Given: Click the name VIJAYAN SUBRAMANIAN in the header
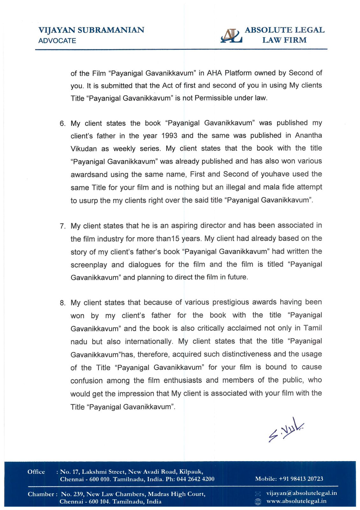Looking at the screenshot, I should tap(91, 30).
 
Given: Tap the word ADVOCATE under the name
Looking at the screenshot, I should tap(57, 41).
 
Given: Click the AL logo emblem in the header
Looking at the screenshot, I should tap(231, 36).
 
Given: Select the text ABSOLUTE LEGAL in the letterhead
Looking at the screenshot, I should tap(284, 30).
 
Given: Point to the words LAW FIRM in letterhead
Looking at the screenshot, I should tap(284, 40).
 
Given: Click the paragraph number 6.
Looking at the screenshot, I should tap(62, 124).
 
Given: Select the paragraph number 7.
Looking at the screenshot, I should tap(62, 226).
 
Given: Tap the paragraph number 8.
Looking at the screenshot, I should tap(62, 303).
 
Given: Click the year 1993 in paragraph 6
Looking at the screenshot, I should tap(169, 136).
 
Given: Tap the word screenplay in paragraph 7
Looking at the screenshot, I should tap(89, 265).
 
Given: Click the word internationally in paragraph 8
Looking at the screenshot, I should tap(149, 342).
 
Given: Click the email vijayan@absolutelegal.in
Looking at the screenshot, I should tap(301, 493).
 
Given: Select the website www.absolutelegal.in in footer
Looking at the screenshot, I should tap(296, 501).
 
